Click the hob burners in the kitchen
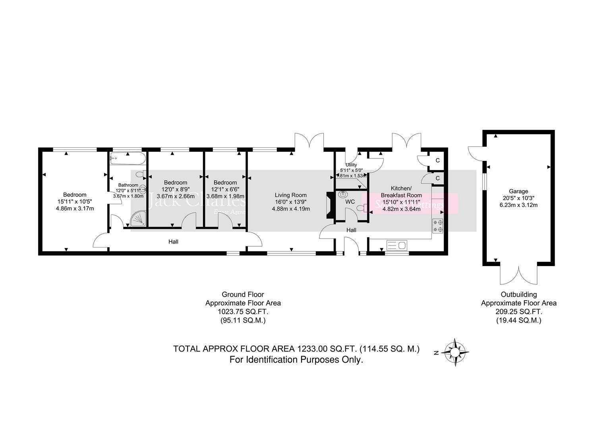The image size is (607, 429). pos(438,226)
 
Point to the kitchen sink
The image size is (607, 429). pos(396,245)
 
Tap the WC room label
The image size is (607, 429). pos(350,202)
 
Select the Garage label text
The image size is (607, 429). pos(519,191)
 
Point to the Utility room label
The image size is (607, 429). pos(351,165)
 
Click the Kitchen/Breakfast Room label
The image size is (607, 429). pos(401,191)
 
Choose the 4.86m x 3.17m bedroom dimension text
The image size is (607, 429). pos(75,208)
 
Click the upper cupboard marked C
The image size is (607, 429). pos(437,160)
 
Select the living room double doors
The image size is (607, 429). pos(310,141)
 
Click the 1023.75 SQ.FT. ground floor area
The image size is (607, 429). pos(243,311)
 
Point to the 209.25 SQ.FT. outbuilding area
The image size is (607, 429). pos(519,311)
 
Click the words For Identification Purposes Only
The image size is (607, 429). pos(296,360)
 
